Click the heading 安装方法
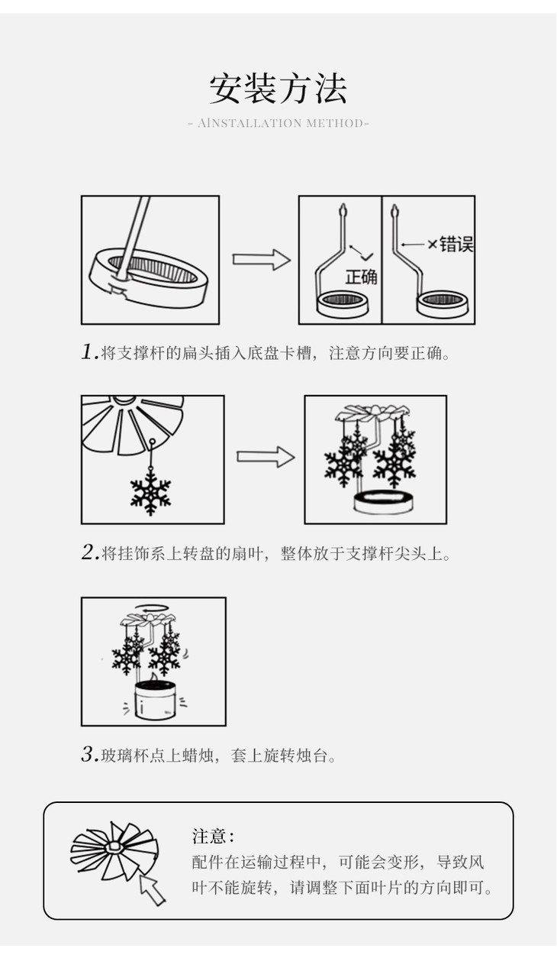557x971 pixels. point(278,89)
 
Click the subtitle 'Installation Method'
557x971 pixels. point(278,123)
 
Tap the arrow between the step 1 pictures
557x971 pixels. point(261,260)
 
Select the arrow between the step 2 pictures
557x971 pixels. point(265,458)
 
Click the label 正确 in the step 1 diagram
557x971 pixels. point(361,277)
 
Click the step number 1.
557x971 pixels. point(89,353)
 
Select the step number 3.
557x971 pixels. point(89,756)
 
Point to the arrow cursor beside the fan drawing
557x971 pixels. point(152,888)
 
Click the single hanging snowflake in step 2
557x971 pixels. point(150,489)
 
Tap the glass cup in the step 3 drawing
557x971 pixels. point(155,701)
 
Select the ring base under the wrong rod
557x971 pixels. point(441,303)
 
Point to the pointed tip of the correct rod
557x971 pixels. point(343,207)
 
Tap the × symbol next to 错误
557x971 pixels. point(432,244)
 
